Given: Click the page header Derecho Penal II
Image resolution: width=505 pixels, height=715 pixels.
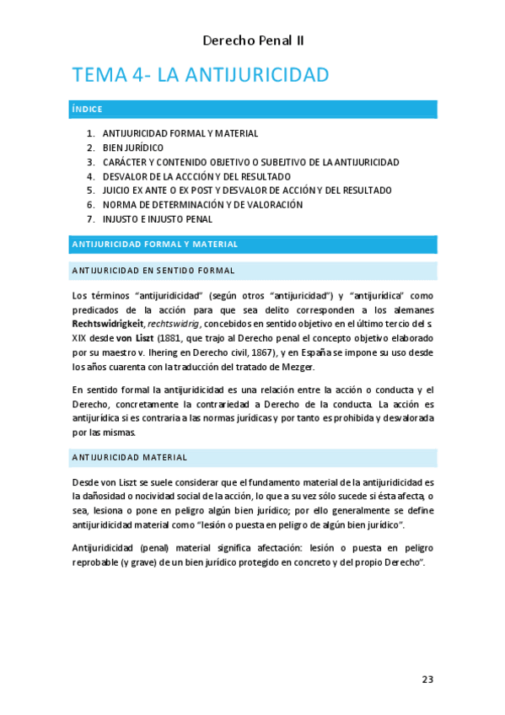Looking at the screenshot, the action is click(253, 40).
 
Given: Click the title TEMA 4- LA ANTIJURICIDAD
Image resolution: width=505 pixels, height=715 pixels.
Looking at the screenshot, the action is click(201, 75).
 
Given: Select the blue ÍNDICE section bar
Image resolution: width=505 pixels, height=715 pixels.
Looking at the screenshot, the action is click(253, 110).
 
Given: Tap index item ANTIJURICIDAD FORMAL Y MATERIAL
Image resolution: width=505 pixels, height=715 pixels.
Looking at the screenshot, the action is click(180, 133).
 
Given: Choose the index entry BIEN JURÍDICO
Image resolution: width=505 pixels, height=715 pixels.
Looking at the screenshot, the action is click(132, 148).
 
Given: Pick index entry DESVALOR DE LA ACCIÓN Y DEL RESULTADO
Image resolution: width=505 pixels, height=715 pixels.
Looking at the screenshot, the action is click(198, 176).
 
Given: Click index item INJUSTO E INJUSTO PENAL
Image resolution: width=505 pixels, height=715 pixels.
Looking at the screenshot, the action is click(157, 219).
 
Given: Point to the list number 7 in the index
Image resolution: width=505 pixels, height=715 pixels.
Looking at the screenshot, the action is click(89, 219).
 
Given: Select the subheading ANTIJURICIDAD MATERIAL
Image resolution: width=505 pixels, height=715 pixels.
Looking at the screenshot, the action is click(130, 457).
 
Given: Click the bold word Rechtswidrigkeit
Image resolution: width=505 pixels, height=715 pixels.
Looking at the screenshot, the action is click(108, 325).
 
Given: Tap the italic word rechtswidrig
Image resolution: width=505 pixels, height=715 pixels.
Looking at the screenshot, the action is click(172, 325).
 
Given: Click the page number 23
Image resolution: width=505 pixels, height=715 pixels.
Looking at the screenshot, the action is click(427, 680).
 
